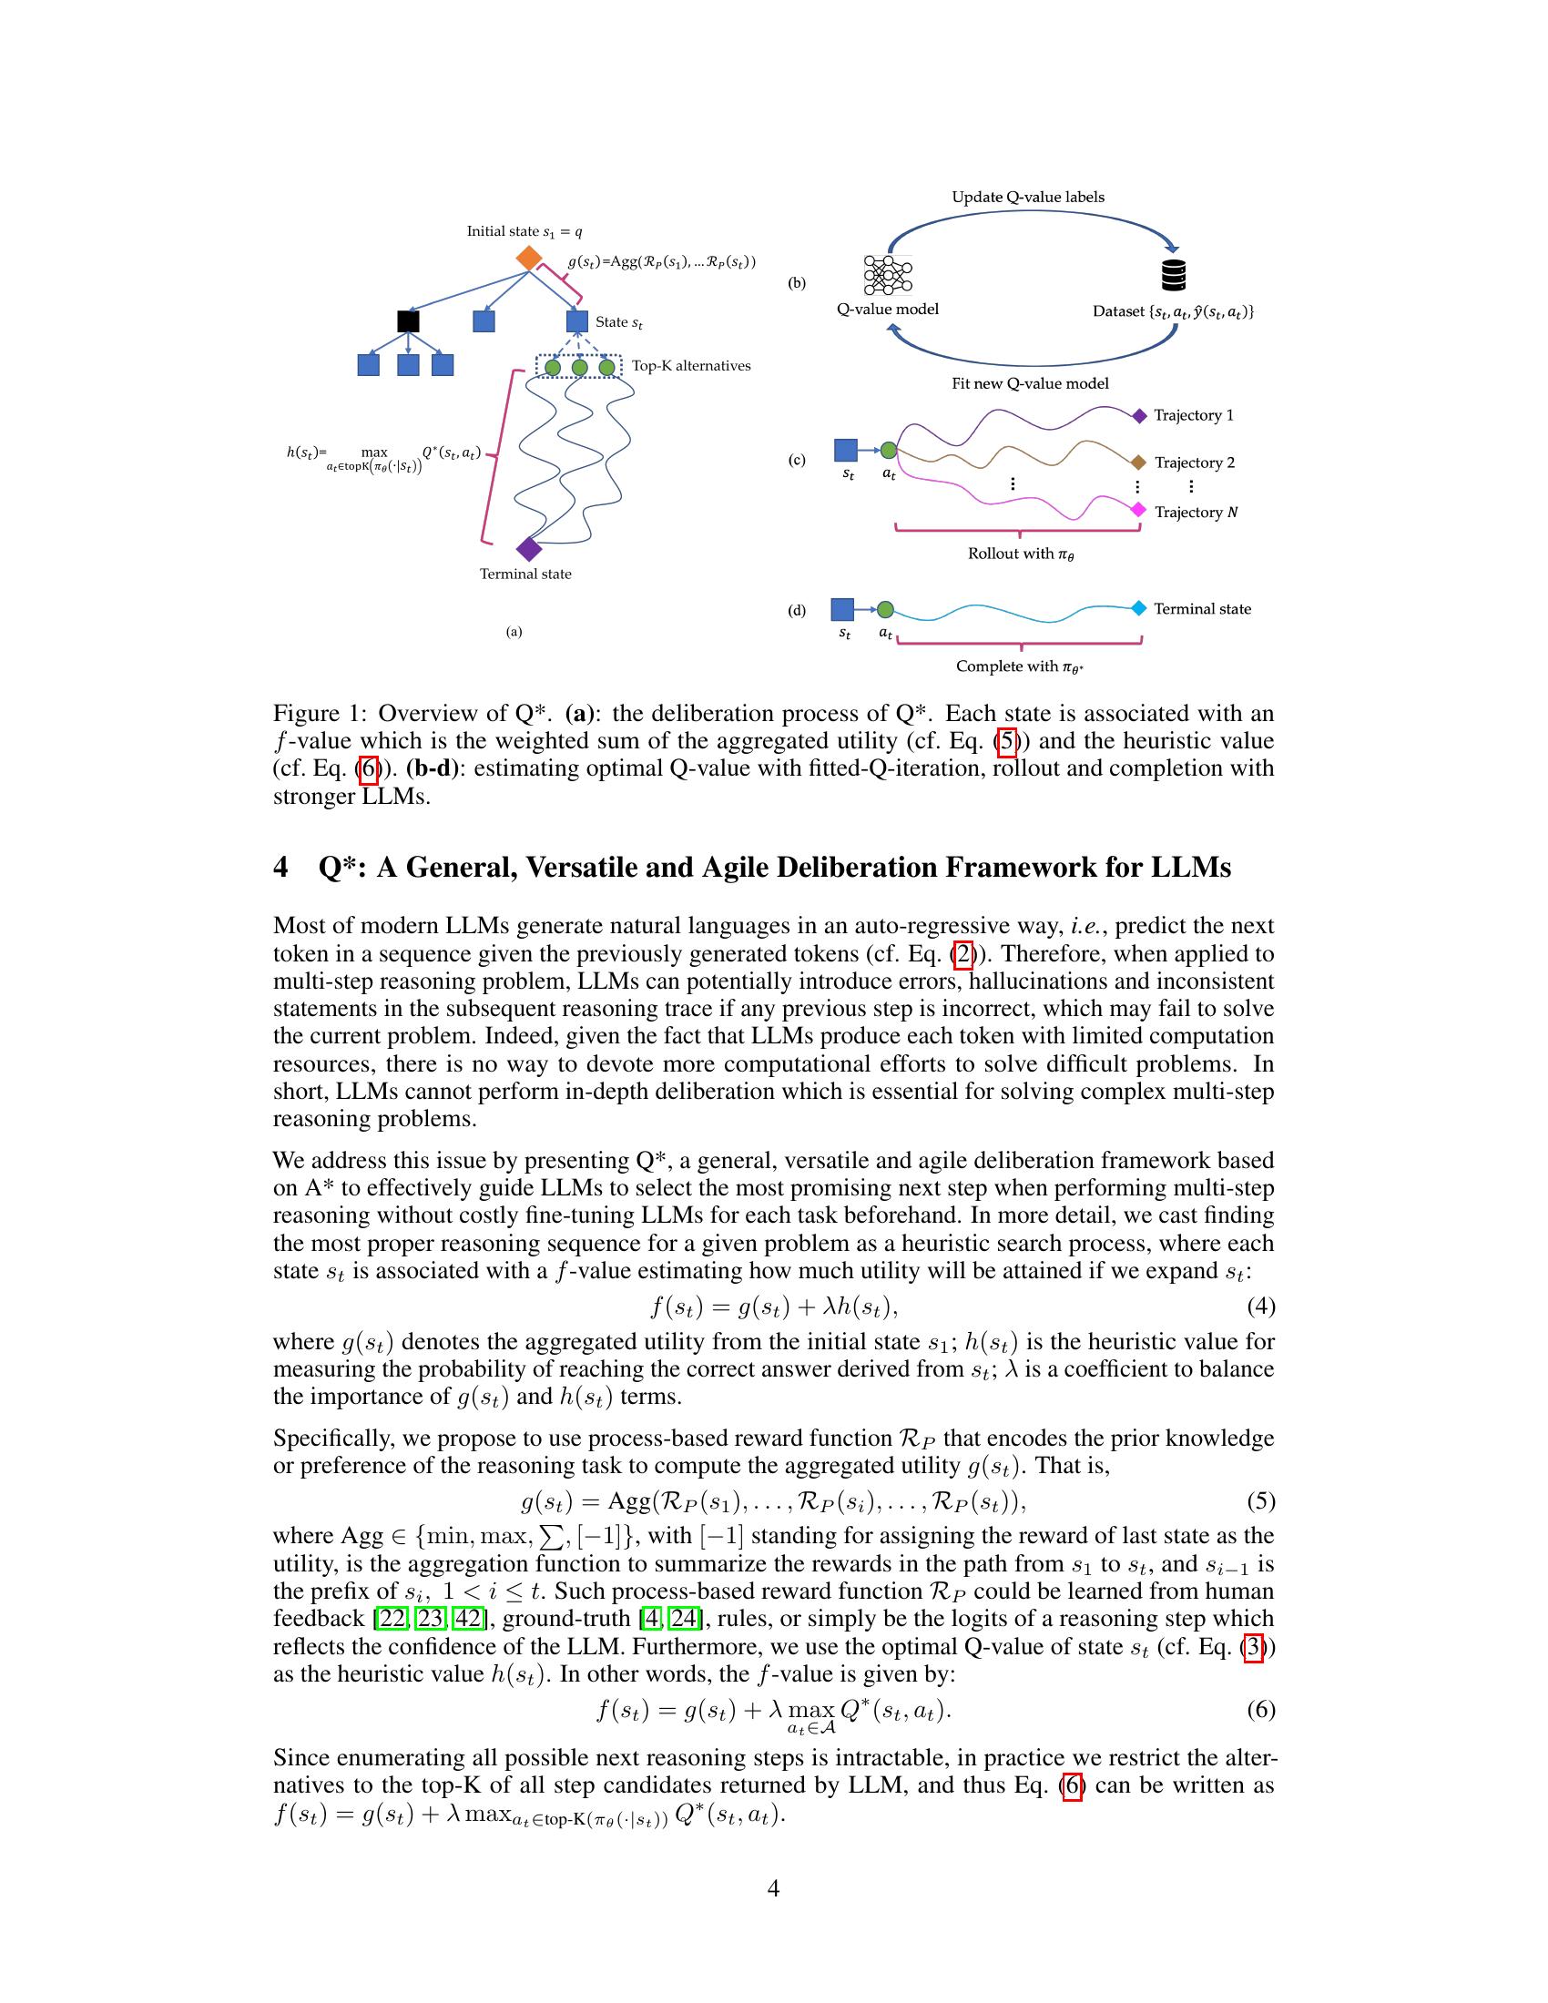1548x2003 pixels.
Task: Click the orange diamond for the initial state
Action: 528,258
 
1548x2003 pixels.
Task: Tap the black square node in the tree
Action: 408,321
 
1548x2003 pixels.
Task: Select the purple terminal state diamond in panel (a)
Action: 528,548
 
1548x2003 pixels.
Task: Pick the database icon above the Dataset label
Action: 1173,274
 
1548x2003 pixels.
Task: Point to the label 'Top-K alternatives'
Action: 690,366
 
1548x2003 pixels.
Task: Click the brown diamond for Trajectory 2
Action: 1138,463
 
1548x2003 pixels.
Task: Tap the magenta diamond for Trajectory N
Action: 1138,510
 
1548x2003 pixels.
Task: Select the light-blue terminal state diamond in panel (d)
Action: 1138,608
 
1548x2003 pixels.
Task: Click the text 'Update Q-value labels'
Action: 1027,198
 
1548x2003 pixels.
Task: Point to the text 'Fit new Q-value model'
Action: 1029,383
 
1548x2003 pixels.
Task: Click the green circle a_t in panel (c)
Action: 888,451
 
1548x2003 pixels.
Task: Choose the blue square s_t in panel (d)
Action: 842,609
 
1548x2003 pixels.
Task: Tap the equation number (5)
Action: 1260,1500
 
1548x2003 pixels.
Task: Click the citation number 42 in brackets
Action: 467,1618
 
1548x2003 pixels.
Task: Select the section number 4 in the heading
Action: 280,868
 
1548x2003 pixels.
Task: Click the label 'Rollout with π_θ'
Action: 1020,554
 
